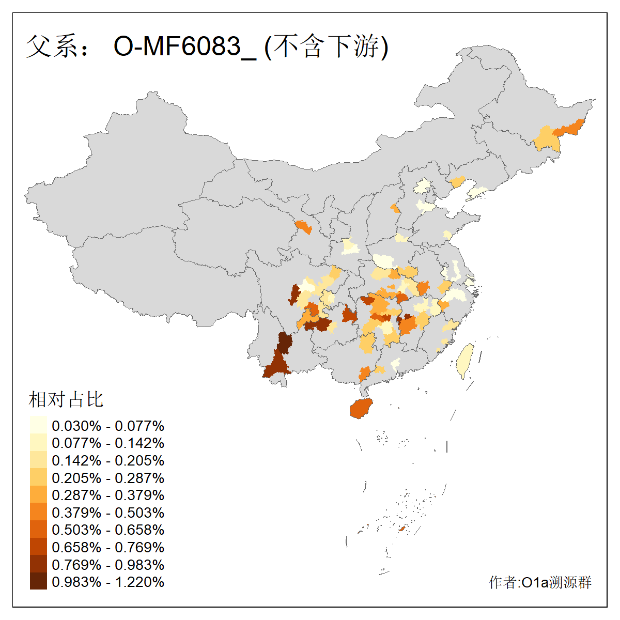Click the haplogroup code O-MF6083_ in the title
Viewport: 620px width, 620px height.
pyautogui.click(x=184, y=47)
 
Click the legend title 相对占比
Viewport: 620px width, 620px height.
pyautogui.click(x=66, y=399)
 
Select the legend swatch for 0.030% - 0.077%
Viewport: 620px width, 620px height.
pyautogui.click(x=38, y=426)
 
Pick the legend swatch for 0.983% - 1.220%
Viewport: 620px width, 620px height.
pyautogui.click(x=38, y=582)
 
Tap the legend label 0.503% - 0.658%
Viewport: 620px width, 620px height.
pyautogui.click(x=108, y=530)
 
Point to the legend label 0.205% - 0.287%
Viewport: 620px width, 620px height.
pyautogui.click(x=108, y=478)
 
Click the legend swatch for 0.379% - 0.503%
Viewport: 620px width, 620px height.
pyautogui.click(x=38, y=513)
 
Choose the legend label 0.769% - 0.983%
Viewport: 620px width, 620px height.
pyautogui.click(x=108, y=565)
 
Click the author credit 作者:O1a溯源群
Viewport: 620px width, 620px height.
pyautogui.click(x=540, y=582)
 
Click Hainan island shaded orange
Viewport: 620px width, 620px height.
pyautogui.click(x=361, y=408)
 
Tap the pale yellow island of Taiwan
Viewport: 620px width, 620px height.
pyautogui.click(x=465, y=361)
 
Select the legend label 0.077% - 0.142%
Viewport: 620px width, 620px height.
pyautogui.click(x=108, y=443)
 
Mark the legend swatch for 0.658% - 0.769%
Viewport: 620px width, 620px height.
pyautogui.click(x=38, y=547)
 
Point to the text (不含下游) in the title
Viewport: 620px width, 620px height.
pyautogui.click(x=326, y=47)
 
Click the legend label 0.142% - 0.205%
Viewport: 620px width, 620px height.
pyautogui.click(x=108, y=460)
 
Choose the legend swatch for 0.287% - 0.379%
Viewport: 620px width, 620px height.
pyautogui.click(x=38, y=495)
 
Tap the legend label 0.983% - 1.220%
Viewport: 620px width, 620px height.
pyautogui.click(x=108, y=582)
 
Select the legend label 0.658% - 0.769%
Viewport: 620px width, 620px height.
pyautogui.click(x=108, y=547)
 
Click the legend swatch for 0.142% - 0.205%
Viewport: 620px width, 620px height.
pyautogui.click(x=38, y=460)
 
